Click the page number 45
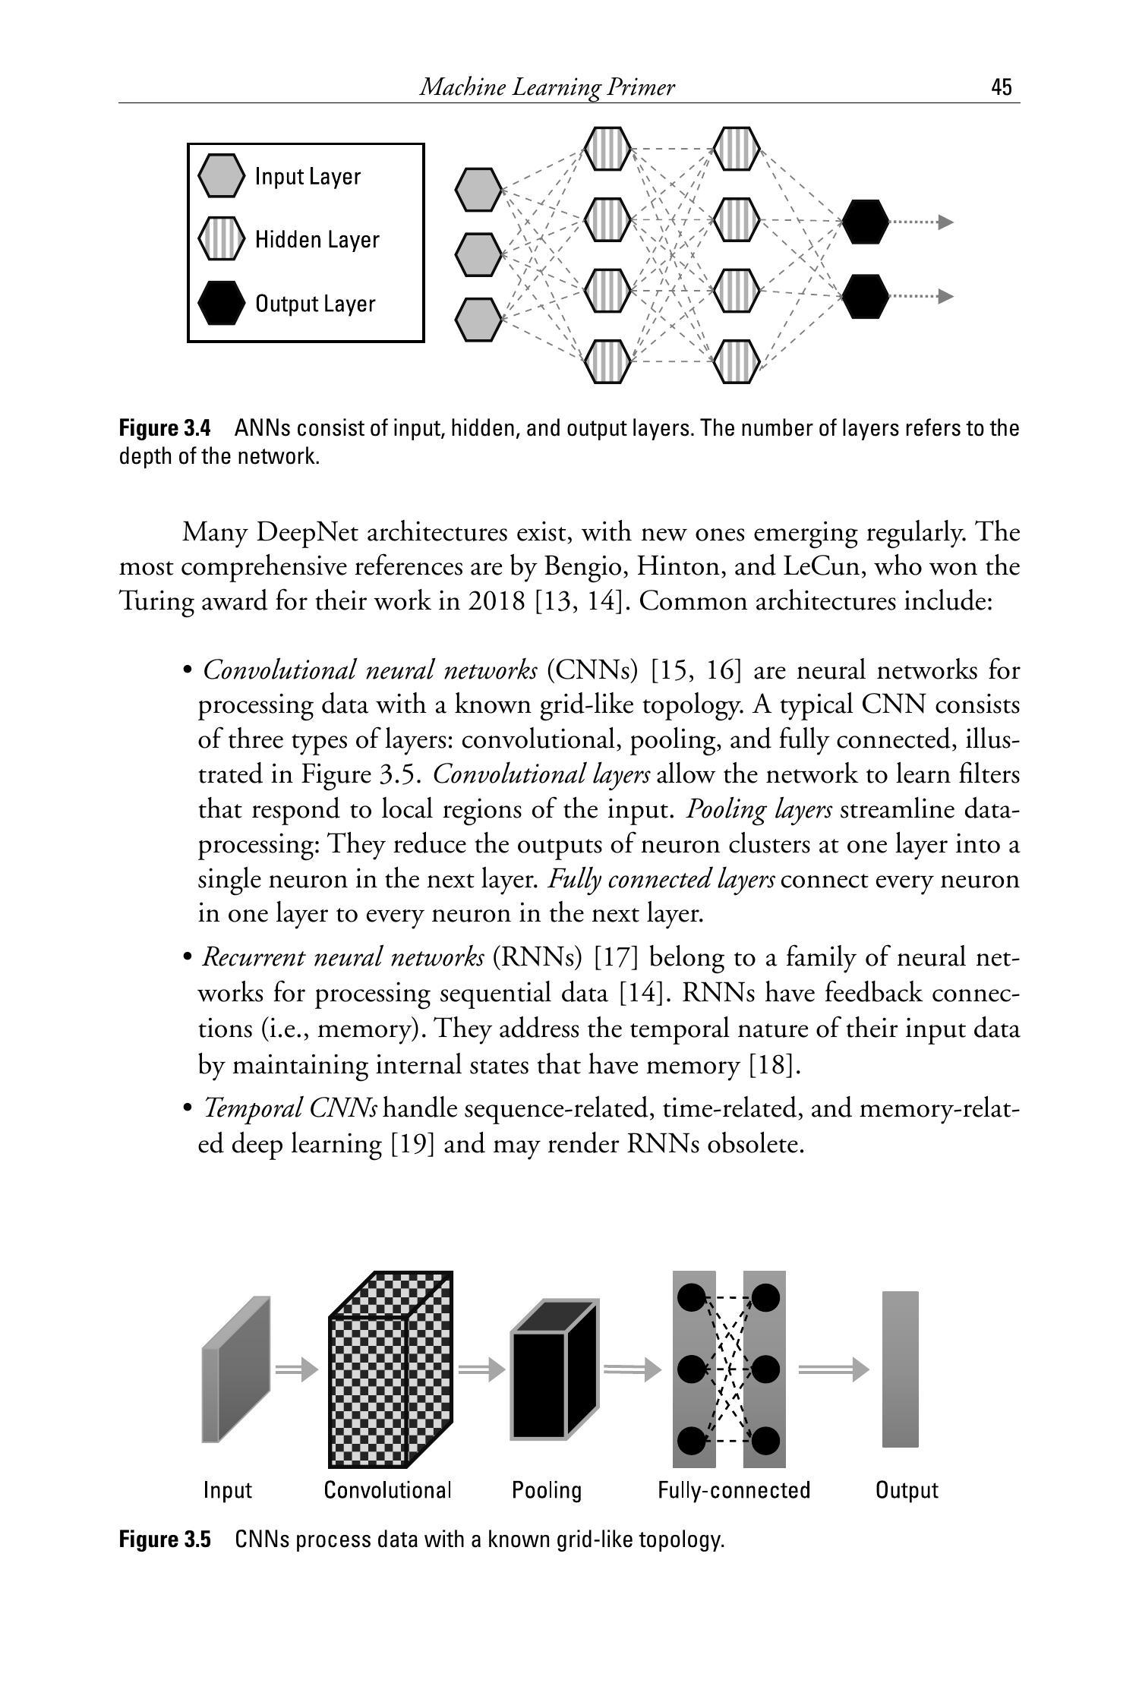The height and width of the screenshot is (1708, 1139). click(x=1001, y=87)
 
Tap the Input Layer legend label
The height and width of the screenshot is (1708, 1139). click(x=308, y=176)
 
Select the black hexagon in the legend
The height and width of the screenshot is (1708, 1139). click(x=221, y=303)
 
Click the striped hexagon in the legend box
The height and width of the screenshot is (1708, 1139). click(x=221, y=239)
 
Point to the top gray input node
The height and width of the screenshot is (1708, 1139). click(x=478, y=190)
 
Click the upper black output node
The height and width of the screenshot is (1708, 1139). click(x=865, y=222)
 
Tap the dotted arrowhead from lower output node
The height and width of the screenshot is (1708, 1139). click(x=945, y=296)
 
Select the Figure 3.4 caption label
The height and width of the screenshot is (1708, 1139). click(x=165, y=428)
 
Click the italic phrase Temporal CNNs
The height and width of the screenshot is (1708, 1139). click(x=290, y=1109)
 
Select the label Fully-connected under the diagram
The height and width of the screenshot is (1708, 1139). click(x=734, y=1490)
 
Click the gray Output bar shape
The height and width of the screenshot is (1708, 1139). click(x=900, y=1369)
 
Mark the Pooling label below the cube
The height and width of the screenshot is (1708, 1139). click(x=547, y=1490)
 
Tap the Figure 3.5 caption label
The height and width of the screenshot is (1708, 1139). click(x=165, y=1539)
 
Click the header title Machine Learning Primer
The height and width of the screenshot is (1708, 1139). click(x=547, y=87)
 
